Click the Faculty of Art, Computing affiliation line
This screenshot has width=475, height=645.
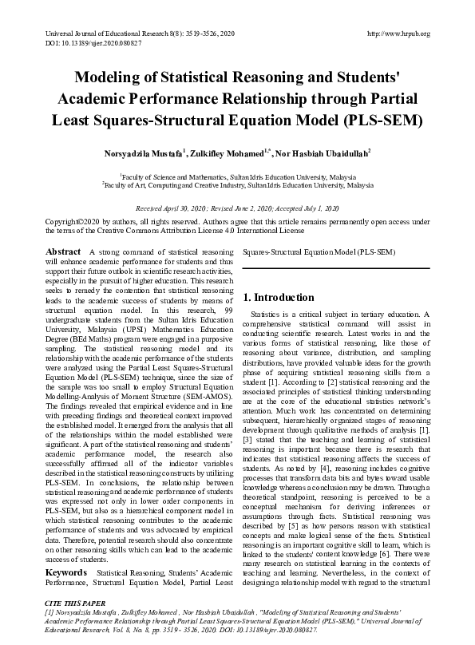(x=237, y=184)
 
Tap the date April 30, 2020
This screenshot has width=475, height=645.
(x=185, y=206)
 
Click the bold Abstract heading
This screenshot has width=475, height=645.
(x=64, y=251)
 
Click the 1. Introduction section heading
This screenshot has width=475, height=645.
(x=279, y=298)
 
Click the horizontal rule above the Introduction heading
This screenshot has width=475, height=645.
(x=336, y=267)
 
